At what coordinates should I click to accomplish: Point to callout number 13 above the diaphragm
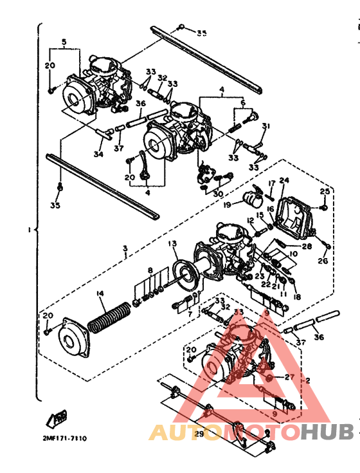pos(172,244)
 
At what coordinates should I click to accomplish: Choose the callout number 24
pos(284,180)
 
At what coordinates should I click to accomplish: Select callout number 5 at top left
pos(64,42)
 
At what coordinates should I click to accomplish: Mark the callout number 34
pos(98,154)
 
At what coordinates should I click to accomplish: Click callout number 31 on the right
pos(266,125)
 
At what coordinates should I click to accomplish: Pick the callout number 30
pos(218,194)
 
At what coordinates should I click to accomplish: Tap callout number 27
pos(289,377)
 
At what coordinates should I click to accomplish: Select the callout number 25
pos(325,191)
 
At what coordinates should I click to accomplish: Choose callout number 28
pos(306,246)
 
